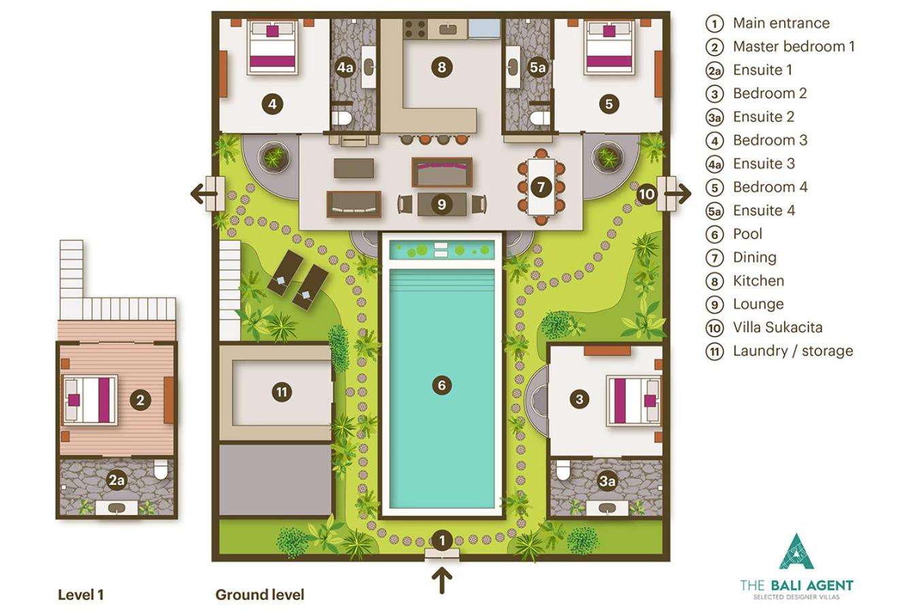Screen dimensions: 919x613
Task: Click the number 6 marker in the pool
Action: pos(442,385)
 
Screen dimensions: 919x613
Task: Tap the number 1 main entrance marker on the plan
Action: pos(442,540)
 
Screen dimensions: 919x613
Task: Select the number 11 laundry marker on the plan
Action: pos(282,392)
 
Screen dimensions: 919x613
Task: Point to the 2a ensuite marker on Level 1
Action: pos(116,480)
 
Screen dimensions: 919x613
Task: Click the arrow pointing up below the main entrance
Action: pos(442,580)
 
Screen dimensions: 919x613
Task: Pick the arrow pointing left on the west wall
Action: pos(204,193)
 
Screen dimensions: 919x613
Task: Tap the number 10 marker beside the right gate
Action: pos(647,194)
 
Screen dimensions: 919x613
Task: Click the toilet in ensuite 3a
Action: pos(563,470)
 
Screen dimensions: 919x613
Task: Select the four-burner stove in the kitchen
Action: pos(415,29)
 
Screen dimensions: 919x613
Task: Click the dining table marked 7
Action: pos(541,187)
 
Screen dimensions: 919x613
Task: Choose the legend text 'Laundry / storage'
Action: pos(792,351)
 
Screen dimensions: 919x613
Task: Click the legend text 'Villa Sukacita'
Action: pos(777,327)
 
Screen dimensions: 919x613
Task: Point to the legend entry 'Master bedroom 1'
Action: pos(794,46)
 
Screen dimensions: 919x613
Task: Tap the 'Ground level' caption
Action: pos(259,595)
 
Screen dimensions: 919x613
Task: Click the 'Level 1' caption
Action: pos(80,595)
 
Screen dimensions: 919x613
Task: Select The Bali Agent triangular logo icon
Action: pos(796,552)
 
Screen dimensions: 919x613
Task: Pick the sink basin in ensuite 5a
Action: pos(513,67)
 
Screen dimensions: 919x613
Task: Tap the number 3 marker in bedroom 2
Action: pos(579,398)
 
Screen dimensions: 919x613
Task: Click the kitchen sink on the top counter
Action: pos(448,29)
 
